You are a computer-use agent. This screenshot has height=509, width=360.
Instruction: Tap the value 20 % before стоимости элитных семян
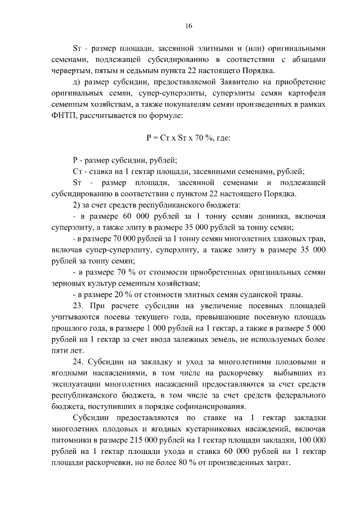127,295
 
